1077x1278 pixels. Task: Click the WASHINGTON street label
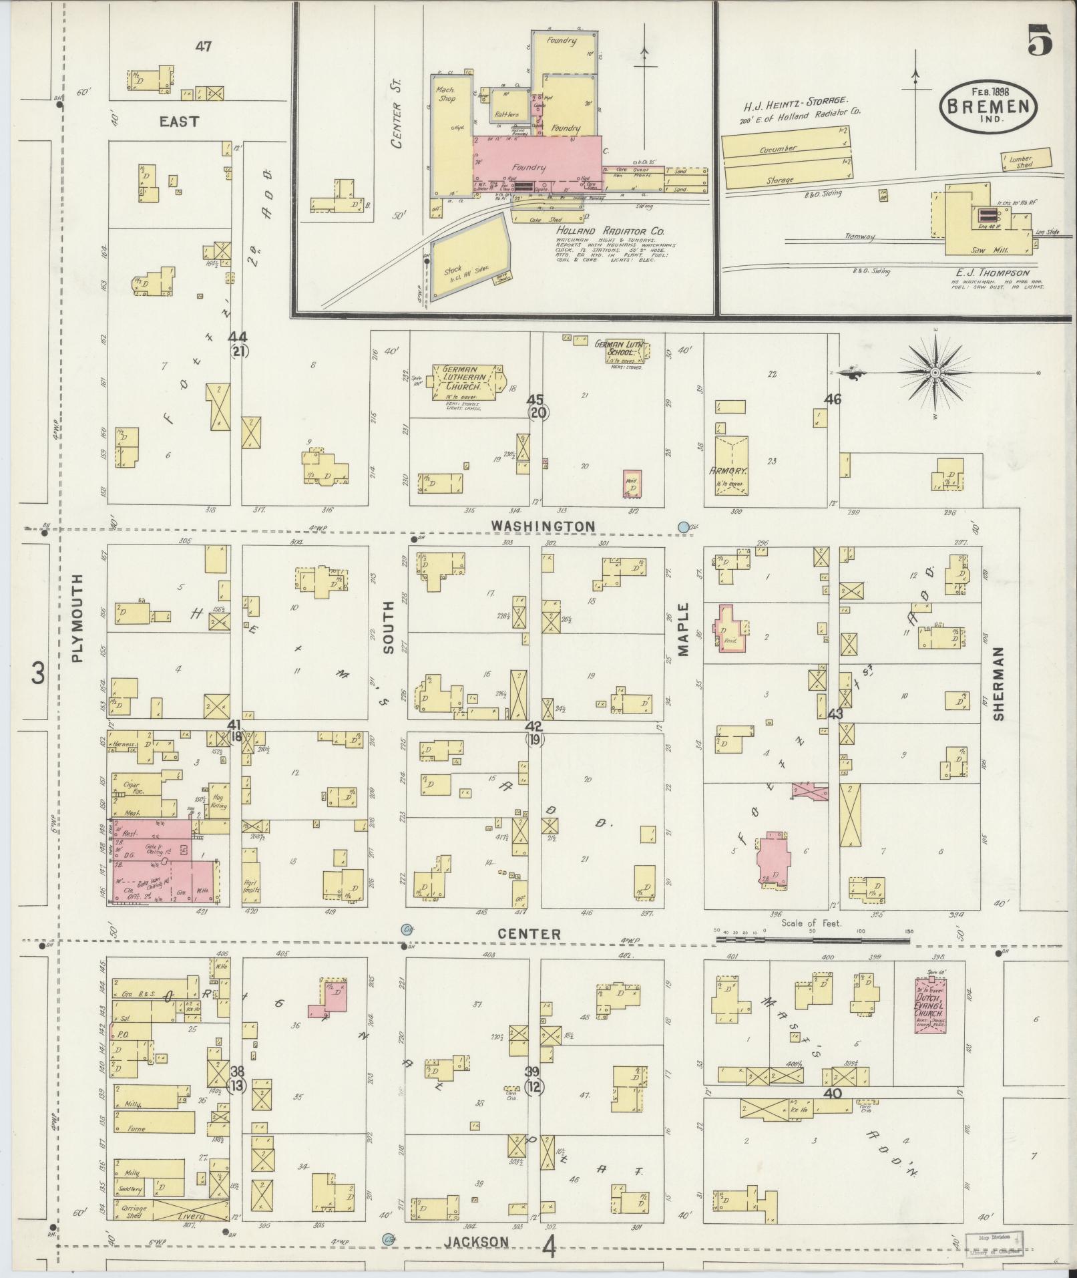(542, 526)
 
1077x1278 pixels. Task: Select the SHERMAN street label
(998, 683)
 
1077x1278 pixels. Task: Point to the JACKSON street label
(477, 1241)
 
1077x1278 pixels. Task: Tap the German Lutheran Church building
(465, 381)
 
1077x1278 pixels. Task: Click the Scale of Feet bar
(811, 940)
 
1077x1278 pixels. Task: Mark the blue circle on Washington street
(683, 527)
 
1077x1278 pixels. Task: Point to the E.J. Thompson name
(992, 273)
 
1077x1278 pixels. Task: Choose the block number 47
(204, 47)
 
